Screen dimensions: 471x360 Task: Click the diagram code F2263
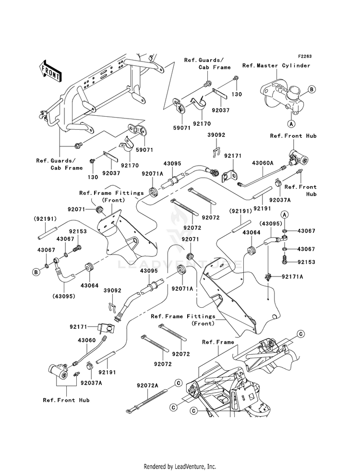[304, 56]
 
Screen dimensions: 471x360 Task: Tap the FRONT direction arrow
[50, 70]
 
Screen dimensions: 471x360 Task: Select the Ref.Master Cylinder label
[276, 65]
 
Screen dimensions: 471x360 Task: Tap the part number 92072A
[148, 385]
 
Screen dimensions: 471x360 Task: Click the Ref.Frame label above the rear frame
[218, 342]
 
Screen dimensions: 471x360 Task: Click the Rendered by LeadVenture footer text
[180, 466]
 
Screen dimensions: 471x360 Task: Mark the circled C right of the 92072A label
[177, 383]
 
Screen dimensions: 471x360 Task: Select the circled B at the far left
[36, 272]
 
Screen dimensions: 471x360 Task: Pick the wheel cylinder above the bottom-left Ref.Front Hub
[60, 370]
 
